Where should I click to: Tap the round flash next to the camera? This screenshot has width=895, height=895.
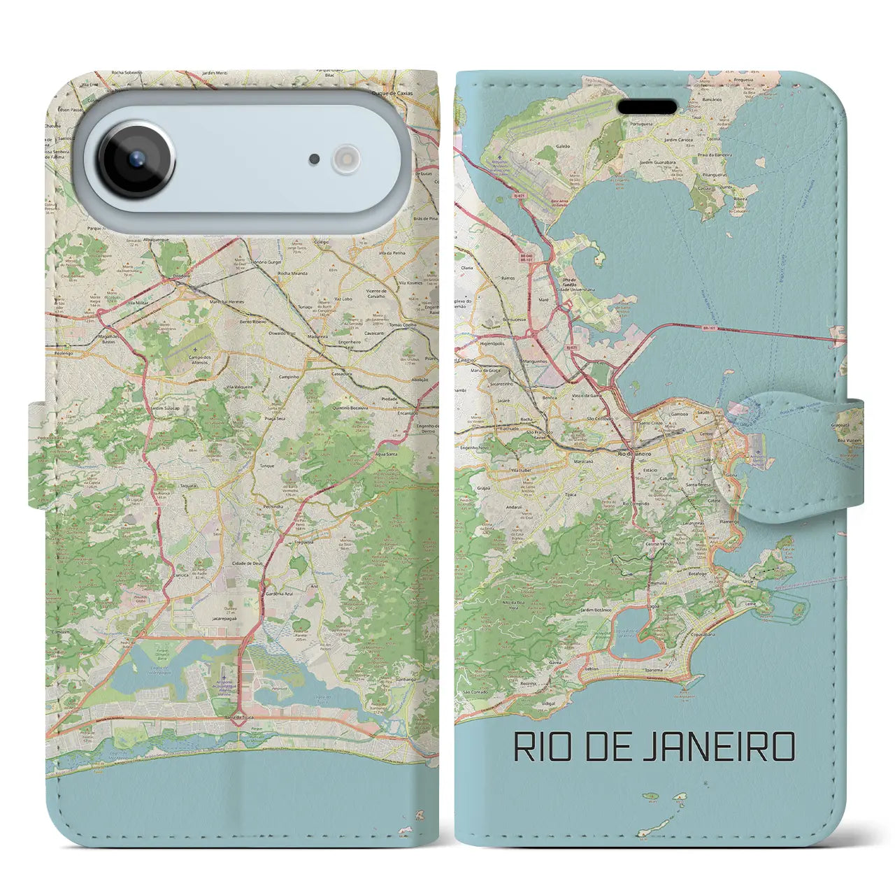click(x=345, y=159)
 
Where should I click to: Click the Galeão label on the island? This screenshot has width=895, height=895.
click(x=563, y=146)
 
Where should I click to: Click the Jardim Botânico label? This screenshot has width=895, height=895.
click(x=596, y=610)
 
